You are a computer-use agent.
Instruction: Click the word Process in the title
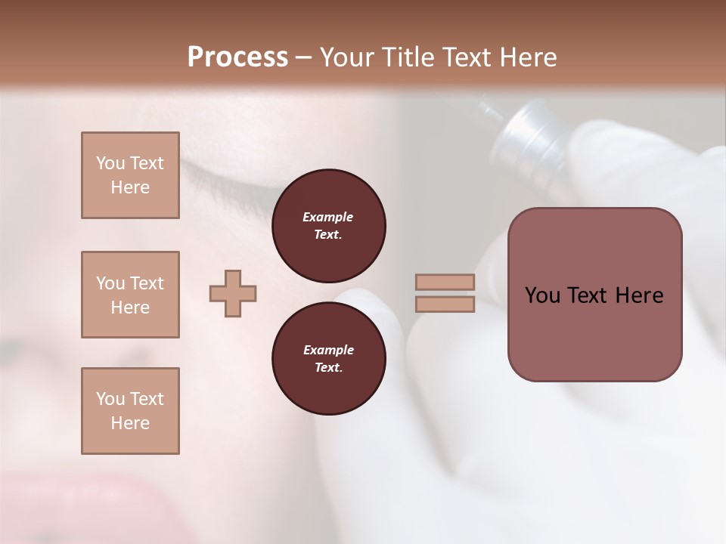pos(237,57)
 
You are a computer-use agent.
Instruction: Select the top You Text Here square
pos(130,175)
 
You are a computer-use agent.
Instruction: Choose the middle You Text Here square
pos(130,295)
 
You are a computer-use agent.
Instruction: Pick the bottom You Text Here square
pos(130,410)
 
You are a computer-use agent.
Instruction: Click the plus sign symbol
pos(233,293)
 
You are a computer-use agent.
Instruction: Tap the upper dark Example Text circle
pos(328,226)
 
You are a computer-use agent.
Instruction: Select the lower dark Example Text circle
pos(328,359)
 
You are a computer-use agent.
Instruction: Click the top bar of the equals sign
pos(445,282)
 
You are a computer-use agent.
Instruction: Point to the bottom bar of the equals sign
pos(445,304)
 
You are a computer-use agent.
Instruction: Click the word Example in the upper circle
pos(328,217)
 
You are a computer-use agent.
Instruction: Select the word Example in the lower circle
pos(328,350)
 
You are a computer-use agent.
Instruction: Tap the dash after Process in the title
pos(303,58)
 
